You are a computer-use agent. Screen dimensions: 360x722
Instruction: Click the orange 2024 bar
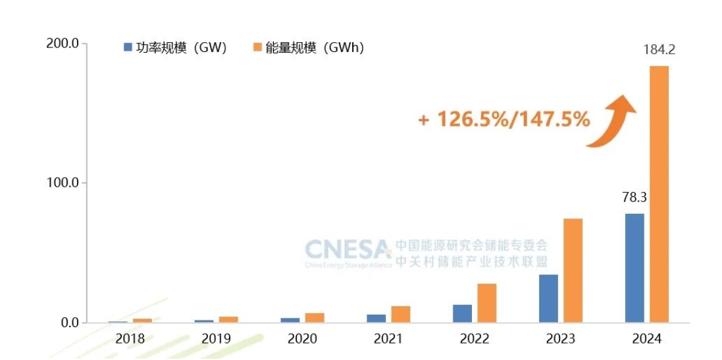pos(659,194)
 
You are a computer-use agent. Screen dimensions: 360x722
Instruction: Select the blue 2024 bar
pos(634,268)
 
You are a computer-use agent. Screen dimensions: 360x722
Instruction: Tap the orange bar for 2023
pos(573,270)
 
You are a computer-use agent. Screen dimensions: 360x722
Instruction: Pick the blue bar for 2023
pos(548,298)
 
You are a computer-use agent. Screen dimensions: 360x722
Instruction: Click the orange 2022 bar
pos(487,303)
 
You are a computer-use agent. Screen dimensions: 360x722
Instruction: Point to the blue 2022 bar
pos(463,313)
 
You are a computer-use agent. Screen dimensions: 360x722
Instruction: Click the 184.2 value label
pos(659,50)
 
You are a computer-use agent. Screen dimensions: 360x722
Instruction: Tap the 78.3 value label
pos(634,197)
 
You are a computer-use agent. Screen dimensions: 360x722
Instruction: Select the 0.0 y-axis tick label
pos(70,322)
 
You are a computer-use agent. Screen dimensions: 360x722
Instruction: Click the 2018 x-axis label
pos(130,339)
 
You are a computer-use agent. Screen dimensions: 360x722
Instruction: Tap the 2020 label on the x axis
pos(302,339)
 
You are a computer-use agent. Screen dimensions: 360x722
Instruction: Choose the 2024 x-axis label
pos(646,339)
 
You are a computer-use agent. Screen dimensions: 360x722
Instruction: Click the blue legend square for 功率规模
pos(128,47)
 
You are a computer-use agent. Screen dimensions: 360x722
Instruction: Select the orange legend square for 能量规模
pos(257,47)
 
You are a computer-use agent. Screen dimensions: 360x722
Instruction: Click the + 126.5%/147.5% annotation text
pos(503,120)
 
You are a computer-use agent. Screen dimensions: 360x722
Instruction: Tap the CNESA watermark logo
pos(348,250)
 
